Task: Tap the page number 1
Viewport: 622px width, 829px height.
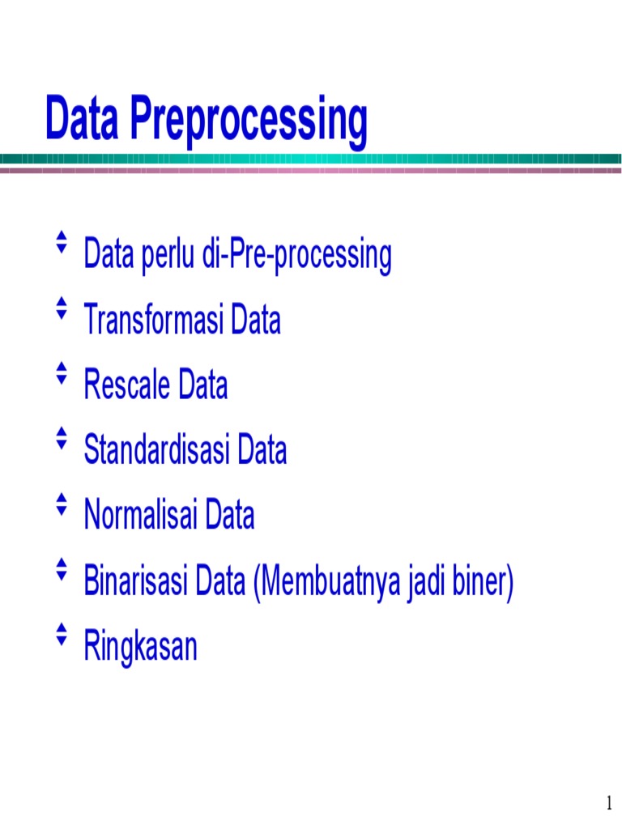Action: (608, 804)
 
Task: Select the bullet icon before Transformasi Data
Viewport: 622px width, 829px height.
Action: (60, 308)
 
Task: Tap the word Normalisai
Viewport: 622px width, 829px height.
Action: (141, 515)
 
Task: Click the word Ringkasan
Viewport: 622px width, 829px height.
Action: (141, 648)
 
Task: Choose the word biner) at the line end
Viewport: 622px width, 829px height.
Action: (484, 582)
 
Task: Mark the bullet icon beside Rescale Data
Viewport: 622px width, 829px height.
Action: (60, 372)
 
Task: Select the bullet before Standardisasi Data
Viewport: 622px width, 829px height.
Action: (60, 437)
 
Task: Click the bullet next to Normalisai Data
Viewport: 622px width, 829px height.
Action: (60, 503)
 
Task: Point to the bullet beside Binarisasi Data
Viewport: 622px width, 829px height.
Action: (60, 568)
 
